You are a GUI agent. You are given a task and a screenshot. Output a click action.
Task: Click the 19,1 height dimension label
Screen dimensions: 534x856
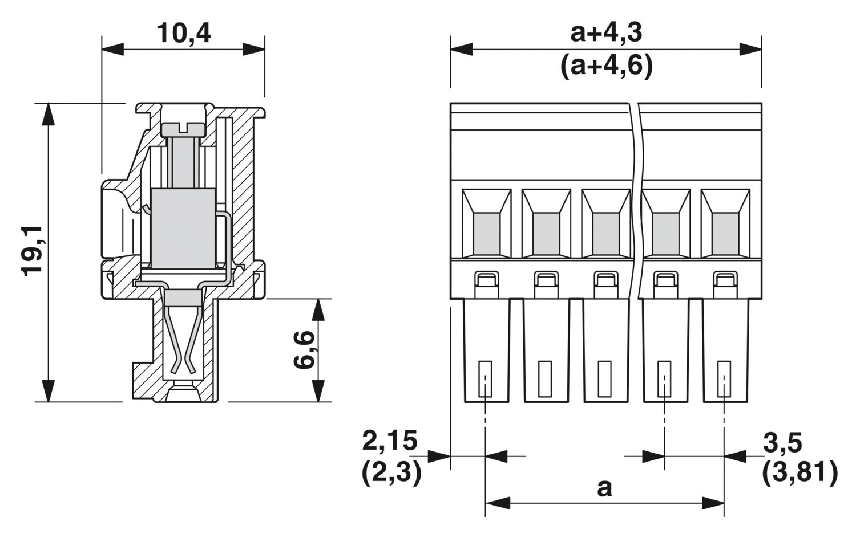pyautogui.click(x=33, y=251)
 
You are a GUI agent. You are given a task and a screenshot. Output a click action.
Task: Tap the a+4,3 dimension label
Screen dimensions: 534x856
pyautogui.click(x=606, y=32)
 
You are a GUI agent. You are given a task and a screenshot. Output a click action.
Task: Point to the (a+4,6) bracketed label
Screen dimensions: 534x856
pyautogui.click(x=606, y=67)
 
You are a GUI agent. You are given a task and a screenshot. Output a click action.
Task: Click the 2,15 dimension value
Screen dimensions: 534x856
pyautogui.click(x=390, y=441)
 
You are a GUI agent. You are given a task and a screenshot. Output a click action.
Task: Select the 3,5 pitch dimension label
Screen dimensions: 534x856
pyautogui.click(x=783, y=442)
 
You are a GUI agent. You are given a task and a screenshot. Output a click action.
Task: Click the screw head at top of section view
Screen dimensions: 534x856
pyautogui.click(x=183, y=129)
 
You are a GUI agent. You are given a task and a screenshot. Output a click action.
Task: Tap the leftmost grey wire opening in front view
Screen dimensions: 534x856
pyautogui.click(x=486, y=234)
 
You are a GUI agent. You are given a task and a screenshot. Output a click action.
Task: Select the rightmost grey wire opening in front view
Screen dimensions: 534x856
pyautogui.click(x=725, y=234)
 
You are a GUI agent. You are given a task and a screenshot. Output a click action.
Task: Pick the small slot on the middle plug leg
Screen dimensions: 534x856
pyautogui.click(x=604, y=378)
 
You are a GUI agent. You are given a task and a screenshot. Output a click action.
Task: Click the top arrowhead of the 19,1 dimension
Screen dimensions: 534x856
pyautogui.click(x=49, y=113)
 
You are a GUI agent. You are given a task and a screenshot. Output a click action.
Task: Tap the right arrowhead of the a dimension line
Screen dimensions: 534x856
pyautogui.click(x=713, y=503)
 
